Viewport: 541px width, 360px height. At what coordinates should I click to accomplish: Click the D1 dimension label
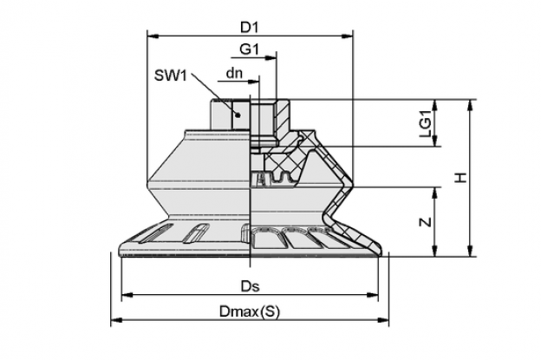250,28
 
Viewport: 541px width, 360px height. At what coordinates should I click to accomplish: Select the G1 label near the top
250,49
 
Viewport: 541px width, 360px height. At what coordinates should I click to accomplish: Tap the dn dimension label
234,73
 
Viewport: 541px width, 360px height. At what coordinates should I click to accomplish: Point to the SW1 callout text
171,75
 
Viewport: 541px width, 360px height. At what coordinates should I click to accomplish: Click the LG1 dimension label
426,123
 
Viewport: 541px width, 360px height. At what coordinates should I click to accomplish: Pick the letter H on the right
460,178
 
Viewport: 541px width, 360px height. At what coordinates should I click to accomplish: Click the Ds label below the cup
251,286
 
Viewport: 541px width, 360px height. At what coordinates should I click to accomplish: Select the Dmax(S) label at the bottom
250,311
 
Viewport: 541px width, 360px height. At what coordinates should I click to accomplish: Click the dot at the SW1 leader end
238,115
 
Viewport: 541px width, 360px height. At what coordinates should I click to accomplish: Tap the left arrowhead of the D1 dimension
153,36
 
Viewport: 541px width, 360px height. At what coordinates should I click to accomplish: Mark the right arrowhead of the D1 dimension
347,36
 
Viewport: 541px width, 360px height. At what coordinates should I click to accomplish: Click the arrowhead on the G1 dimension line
270,58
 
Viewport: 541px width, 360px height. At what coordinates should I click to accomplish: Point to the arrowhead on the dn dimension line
253,82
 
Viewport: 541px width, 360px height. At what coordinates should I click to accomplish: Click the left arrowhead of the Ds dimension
127,295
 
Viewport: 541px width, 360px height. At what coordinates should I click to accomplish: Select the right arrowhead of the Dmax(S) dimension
382,320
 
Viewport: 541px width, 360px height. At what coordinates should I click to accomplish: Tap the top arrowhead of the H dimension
469,105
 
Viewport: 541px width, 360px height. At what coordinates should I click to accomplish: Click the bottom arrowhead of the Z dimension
434,251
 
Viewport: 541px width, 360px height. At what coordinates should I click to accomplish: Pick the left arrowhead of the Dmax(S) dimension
117,320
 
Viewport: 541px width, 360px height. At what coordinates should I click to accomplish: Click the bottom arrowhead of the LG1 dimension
434,141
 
